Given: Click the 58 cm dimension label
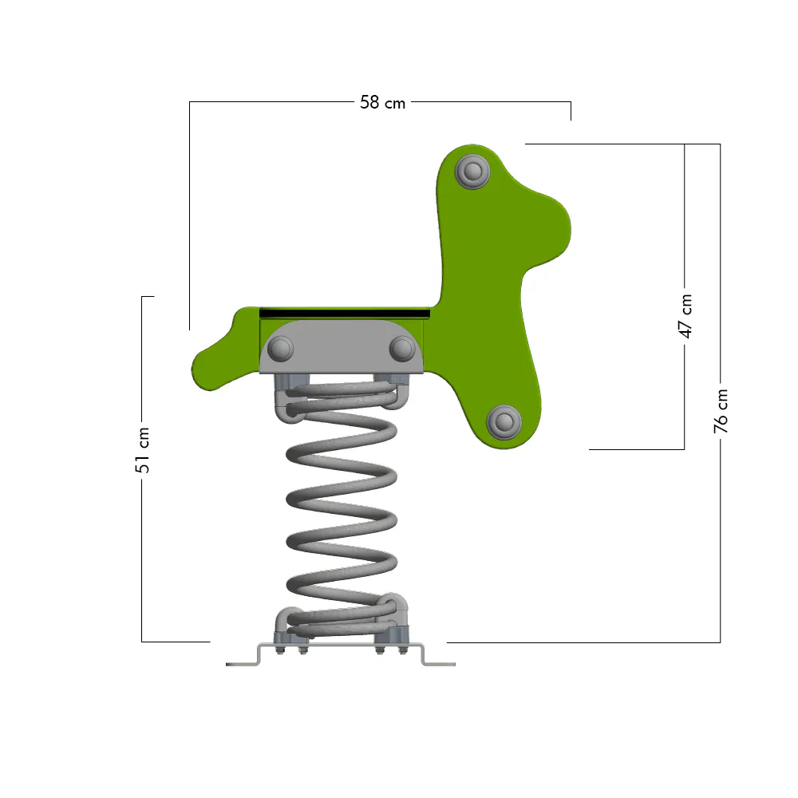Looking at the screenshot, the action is pos(382,102).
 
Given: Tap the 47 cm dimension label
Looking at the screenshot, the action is pos(685,316).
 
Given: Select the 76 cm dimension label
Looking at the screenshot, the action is pos(721,411).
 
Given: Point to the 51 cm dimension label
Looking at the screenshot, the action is pos(143,450).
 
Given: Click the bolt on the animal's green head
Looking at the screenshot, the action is pos(472,172).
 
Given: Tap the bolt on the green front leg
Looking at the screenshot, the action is pos(504,422).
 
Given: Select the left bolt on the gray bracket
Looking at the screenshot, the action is pos(280,350).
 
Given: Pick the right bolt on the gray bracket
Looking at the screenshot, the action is pos(402,350).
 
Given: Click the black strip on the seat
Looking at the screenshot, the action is pos(345,313).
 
